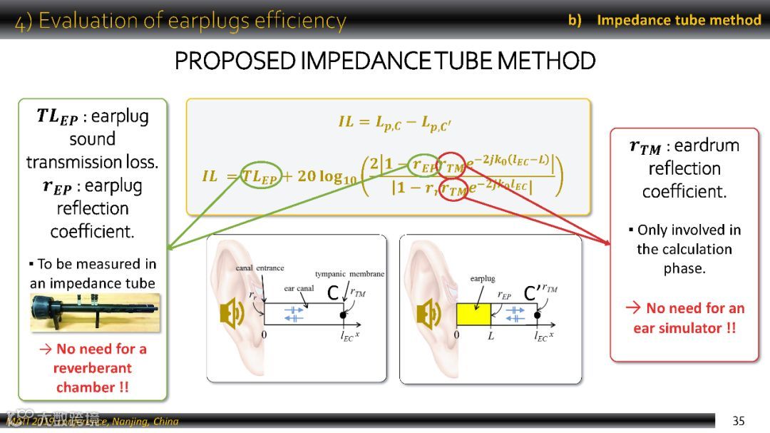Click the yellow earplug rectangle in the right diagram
473,314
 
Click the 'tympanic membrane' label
349,274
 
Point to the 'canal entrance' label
260,268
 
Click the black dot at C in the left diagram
343,315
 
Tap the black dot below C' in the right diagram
536,315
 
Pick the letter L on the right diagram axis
491,335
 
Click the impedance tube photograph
95,312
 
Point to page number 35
739,421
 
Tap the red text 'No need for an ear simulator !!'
684,318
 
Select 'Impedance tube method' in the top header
679,20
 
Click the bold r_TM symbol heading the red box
645,147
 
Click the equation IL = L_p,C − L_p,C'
394,122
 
